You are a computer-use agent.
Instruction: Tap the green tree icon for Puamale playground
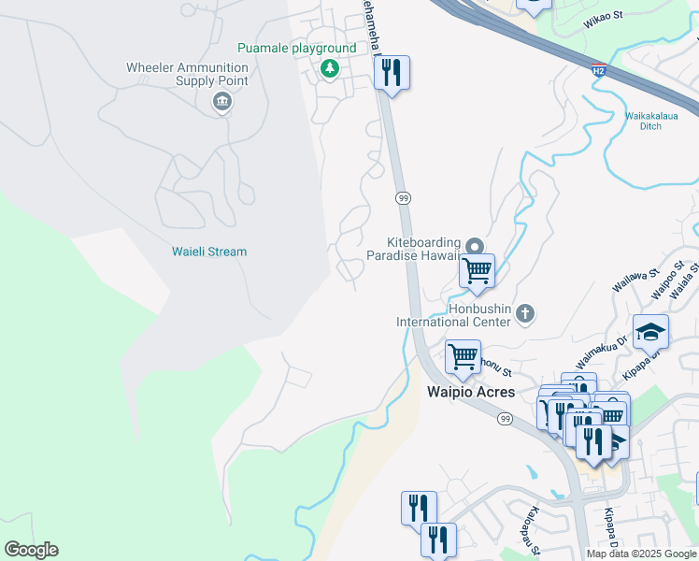(x=329, y=68)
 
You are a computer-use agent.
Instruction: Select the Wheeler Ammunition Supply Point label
(x=187, y=74)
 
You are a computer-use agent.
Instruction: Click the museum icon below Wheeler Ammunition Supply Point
(x=222, y=101)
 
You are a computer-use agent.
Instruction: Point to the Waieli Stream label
(x=209, y=252)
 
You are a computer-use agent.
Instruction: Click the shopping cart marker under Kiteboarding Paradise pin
(x=477, y=271)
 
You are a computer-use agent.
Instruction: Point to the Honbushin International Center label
(x=453, y=314)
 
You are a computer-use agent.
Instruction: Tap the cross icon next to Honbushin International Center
(x=525, y=313)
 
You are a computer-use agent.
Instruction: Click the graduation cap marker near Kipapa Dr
(x=650, y=331)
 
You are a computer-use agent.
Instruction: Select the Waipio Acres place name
(x=471, y=392)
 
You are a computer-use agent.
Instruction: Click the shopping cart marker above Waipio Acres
(x=463, y=356)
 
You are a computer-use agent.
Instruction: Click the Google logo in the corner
(x=31, y=550)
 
